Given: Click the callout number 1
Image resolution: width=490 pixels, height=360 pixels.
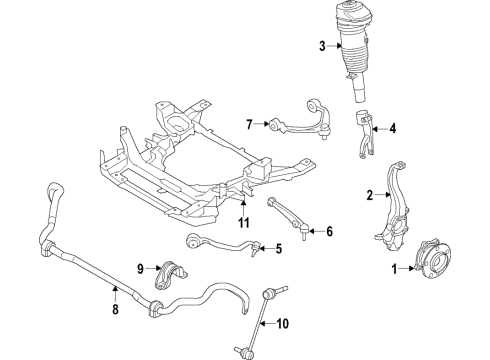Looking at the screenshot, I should tap(394, 268).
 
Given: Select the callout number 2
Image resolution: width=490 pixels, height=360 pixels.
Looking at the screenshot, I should tap(371, 195).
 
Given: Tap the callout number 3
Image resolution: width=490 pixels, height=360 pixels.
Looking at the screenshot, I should tap(323, 46).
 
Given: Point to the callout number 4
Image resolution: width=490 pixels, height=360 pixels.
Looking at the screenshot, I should tap(393, 128).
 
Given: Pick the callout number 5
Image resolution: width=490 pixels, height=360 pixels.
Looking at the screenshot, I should tap(278, 249).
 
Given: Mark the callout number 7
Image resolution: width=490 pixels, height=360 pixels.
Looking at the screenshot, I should tap(250, 125).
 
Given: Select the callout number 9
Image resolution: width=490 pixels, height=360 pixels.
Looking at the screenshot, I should tap(141, 267).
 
